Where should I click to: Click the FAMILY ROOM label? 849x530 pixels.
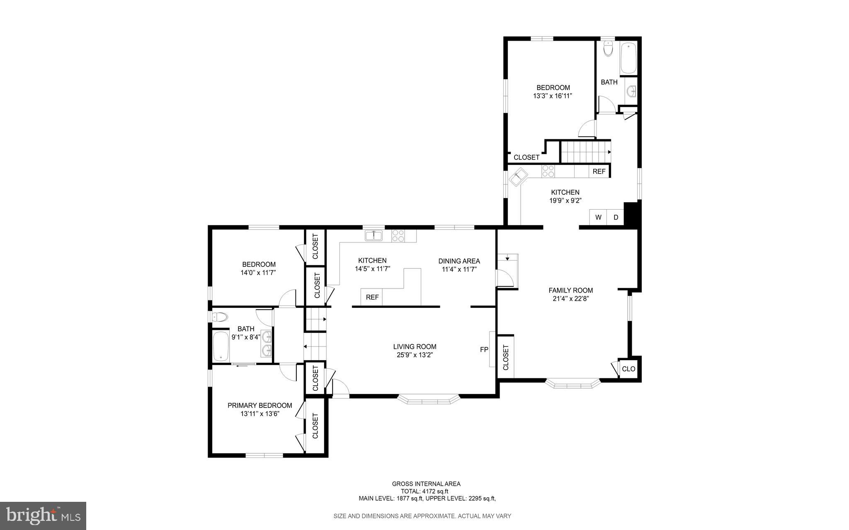(570, 290)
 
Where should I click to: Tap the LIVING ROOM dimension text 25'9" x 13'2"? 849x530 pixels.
(415, 355)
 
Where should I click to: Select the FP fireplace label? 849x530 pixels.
(484, 349)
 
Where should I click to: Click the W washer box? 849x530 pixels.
(598, 217)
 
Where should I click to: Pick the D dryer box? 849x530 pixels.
(616, 217)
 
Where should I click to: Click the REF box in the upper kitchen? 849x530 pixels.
(599, 171)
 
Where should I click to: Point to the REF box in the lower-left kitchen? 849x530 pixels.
(372, 297)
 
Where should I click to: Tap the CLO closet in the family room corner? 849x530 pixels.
(628, 369)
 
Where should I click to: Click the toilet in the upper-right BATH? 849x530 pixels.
(608, 49)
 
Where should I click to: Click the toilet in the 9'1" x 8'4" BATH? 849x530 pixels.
(220, 317)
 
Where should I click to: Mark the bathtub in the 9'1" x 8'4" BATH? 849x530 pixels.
(221, 346)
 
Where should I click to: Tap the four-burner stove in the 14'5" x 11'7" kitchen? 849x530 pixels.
(398, 236)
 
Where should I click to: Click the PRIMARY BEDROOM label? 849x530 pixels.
(260, 405)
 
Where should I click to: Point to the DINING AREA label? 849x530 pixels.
(459, 261)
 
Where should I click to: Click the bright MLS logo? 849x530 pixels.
(43, 515)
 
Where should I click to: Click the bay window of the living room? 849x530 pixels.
(429, 400)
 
